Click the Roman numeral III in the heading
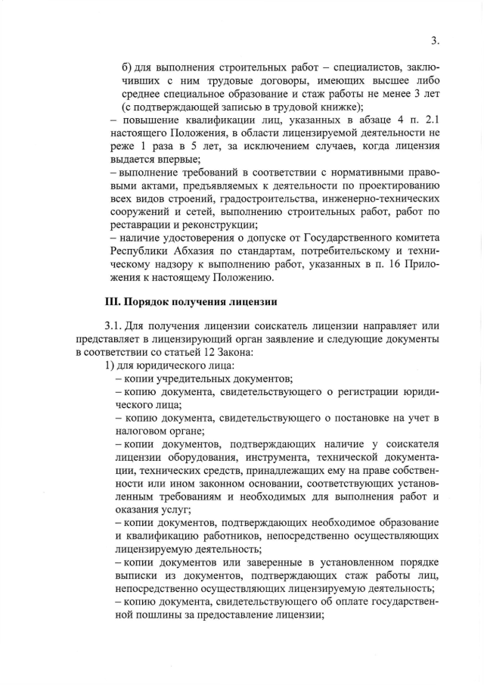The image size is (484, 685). [x=113, y=301]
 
